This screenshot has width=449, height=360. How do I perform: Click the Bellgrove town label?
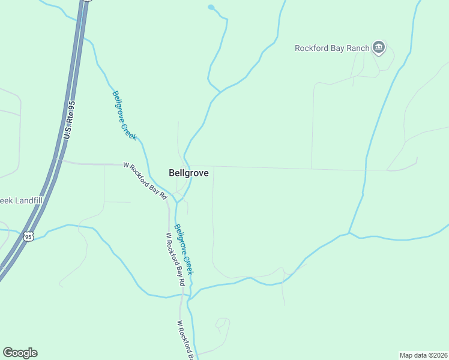pos(188,173)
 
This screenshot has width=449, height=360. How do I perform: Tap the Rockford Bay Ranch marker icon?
pos(378,47)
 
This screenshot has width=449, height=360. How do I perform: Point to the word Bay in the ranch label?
pos(336,48)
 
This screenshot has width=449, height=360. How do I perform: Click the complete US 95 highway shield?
pos(28,237)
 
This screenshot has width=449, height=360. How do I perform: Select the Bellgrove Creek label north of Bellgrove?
pos(124,115)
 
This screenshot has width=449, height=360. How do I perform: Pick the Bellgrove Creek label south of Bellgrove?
pos(184,249)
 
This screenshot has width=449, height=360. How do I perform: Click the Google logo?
pos(20,353)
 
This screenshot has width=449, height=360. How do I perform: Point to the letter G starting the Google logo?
pos(8,353)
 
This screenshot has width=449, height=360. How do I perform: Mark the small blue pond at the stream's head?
pos(211,7)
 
